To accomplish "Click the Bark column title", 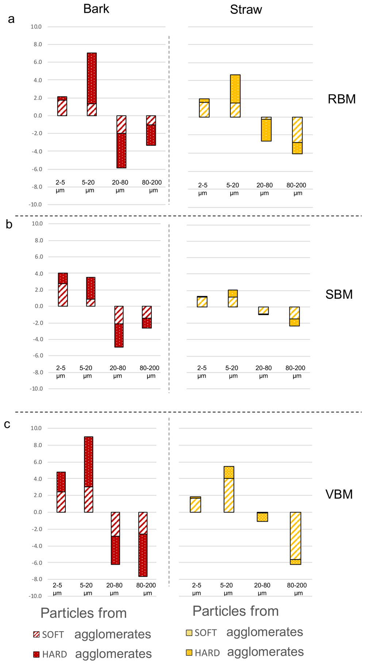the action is (96, 9).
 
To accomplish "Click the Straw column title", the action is (246, 9).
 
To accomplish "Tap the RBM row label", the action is (342, 99).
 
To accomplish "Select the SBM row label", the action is (339, 294).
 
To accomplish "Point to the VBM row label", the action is (339, 495).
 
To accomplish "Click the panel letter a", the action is (11, 19).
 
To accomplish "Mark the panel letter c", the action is (7, 424).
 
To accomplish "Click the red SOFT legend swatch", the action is (36, 634).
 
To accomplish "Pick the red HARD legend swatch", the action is (36, 654).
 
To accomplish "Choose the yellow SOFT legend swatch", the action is (189, 633).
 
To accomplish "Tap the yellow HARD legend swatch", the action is (189, 652).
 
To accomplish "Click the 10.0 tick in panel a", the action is (36, 27).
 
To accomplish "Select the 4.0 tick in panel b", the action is (39, 274).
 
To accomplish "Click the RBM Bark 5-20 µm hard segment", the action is (92, 78).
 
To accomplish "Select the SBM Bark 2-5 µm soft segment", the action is (63, 295).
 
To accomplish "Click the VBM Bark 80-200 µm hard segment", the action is (143, 555).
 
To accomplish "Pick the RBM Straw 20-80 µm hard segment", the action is (266, 130).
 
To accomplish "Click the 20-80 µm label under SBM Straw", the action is (264, 372).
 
